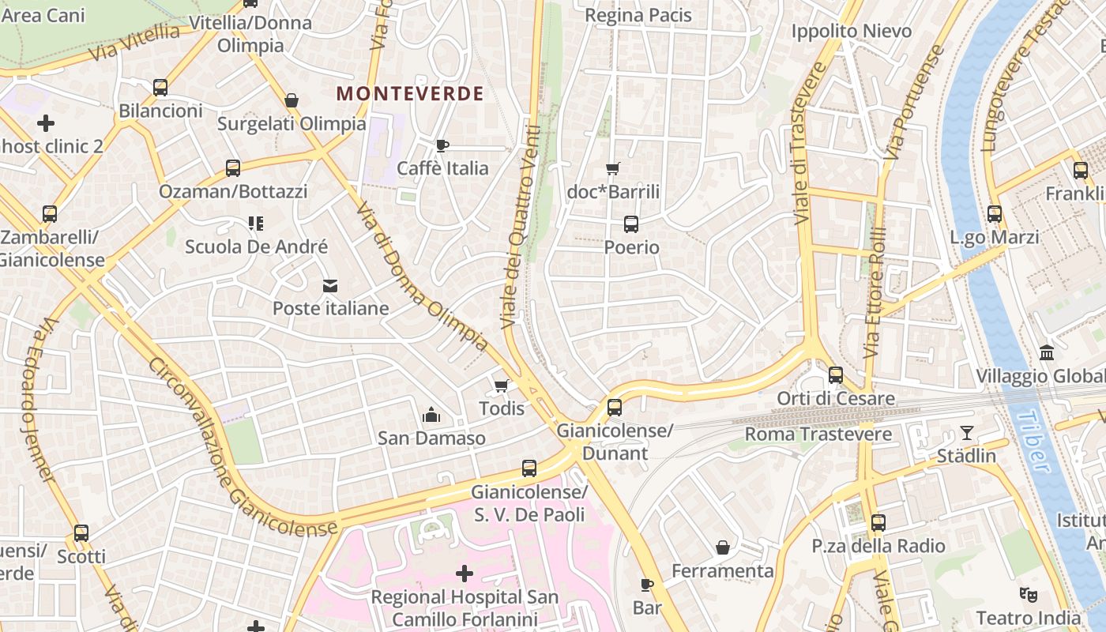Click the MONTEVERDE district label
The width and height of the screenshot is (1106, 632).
pyautogui.click(x=410, y=93)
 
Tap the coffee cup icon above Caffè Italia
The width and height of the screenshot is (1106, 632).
pyautogui.click(x=442, y=145)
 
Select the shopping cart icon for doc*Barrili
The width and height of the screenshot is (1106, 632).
pyautogui.click(x=612, y=168)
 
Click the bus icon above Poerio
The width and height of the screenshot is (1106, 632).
pyautogui.click(x=630, y=224)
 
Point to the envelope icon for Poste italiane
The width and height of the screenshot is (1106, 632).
pyautogui.click(x=330, y=285)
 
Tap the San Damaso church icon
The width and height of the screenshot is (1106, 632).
pyautogui.click(x=431, y=414)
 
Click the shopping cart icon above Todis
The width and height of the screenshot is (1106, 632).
pyautogui.click(x=501, y=386)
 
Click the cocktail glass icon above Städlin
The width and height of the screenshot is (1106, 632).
pyautogui.click(x=966, y=432)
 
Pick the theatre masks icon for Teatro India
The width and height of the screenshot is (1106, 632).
pyautogui.click(x=1027, y=594)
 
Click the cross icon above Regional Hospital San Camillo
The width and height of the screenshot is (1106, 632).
pyautogui.click(x=465, y=573)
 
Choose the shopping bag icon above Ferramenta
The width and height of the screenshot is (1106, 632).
pyautogui.click(x=722, y=547)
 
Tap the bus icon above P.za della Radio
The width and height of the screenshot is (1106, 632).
pyautogui.click(x=878, y=522)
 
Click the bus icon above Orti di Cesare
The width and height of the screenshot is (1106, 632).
pyautogui.click(x=836, y=375)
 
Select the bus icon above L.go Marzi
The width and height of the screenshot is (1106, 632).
pyautogui.click(x=994, y=214)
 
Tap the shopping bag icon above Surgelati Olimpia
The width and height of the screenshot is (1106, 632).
pyautogui.click(x=292, y=100)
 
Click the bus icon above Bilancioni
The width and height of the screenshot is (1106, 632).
pyautogui.click(x=160, y=88)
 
